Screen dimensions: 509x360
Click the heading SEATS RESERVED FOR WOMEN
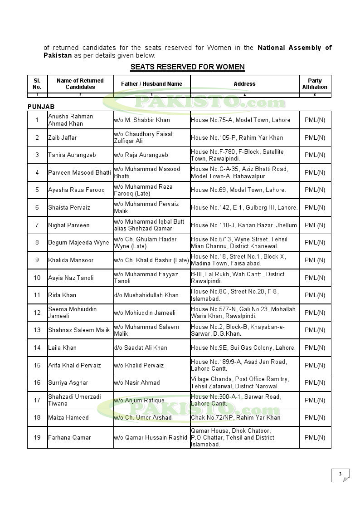coord(187,67)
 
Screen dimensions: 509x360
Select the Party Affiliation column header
coord(315,84)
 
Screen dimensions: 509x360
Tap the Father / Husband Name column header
coord(151,84)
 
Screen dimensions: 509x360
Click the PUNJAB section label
coord(41,106)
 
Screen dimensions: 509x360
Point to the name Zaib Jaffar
coord(63,137)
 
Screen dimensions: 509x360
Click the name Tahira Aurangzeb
coord(72,155)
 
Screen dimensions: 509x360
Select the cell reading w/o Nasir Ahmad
coord(136,383)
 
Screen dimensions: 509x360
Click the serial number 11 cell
coord(37,295)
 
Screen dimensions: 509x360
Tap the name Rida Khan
coord(62,295)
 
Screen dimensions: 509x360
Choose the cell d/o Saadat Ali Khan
coord(140,348)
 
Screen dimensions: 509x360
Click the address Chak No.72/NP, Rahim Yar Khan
coord(235,418)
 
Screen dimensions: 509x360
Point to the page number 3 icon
coord(341,475)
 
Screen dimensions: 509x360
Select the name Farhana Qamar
coord(69,438)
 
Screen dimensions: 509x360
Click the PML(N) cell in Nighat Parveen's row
coord(315,225)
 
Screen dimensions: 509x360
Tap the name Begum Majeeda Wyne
coord(78,243)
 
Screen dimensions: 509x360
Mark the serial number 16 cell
coord(37,383)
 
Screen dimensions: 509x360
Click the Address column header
coord(244,84)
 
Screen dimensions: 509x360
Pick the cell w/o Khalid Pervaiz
coord(138,366)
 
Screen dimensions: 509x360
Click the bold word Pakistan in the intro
coord(58,55)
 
